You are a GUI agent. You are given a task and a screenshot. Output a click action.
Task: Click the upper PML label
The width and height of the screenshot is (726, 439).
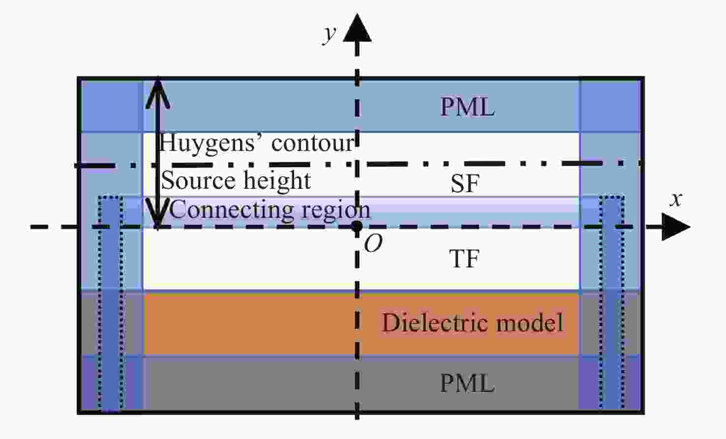(x=467, y=107)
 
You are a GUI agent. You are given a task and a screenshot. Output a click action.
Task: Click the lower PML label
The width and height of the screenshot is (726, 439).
(x=467, y=383)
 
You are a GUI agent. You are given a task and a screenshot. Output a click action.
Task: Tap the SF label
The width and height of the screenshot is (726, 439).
(x=464, y=183)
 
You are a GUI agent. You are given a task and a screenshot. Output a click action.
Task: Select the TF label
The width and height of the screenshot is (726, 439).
(x=464, y=259)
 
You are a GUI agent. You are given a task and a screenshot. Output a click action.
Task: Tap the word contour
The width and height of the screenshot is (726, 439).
(x=312, y=143)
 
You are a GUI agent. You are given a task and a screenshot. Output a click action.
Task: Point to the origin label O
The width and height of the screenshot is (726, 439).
(x=373, y=243)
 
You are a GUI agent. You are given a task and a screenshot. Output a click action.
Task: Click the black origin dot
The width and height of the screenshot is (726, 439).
(x=357, y=227)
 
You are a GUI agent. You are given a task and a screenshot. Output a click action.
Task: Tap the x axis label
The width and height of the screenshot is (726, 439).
(x=676, y=199)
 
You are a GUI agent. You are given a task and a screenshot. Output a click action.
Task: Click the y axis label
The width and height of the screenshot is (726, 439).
(x=329, y=33)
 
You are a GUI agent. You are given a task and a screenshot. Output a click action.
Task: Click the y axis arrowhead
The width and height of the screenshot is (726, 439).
(x=357, y=29)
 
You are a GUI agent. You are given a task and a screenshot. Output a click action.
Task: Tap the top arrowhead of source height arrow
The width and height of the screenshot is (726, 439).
(x=157, y=91)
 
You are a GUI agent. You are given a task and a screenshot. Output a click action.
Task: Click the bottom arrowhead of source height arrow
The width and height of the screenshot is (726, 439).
(x=157, y=216)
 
